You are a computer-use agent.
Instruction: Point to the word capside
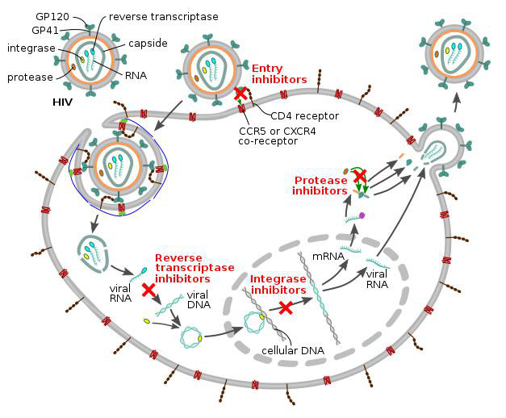tap(148, 42)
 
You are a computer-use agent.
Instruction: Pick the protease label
tap(31, 77)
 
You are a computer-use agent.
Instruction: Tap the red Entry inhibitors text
tap(279, 74)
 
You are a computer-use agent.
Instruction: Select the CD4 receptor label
tap(304, 115)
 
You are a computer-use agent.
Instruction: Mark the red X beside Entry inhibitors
tap(240, 93)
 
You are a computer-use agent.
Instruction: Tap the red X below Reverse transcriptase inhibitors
tap(148, 288)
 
